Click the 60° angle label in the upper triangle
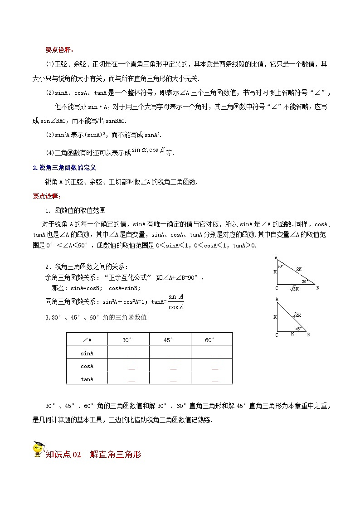click(x=280, y=266)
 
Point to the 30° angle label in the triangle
click(x=305, y=281)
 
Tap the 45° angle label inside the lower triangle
click(x=298, y=329)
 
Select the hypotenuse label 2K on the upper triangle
click(x=299, y=269)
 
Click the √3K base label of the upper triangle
click(x=294, y=289)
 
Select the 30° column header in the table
click(x=128, y=340)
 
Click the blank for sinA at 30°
click(x=131, y=355)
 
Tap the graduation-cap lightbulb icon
click(x=39, y=450)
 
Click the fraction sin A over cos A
click(x=175, y=301)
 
